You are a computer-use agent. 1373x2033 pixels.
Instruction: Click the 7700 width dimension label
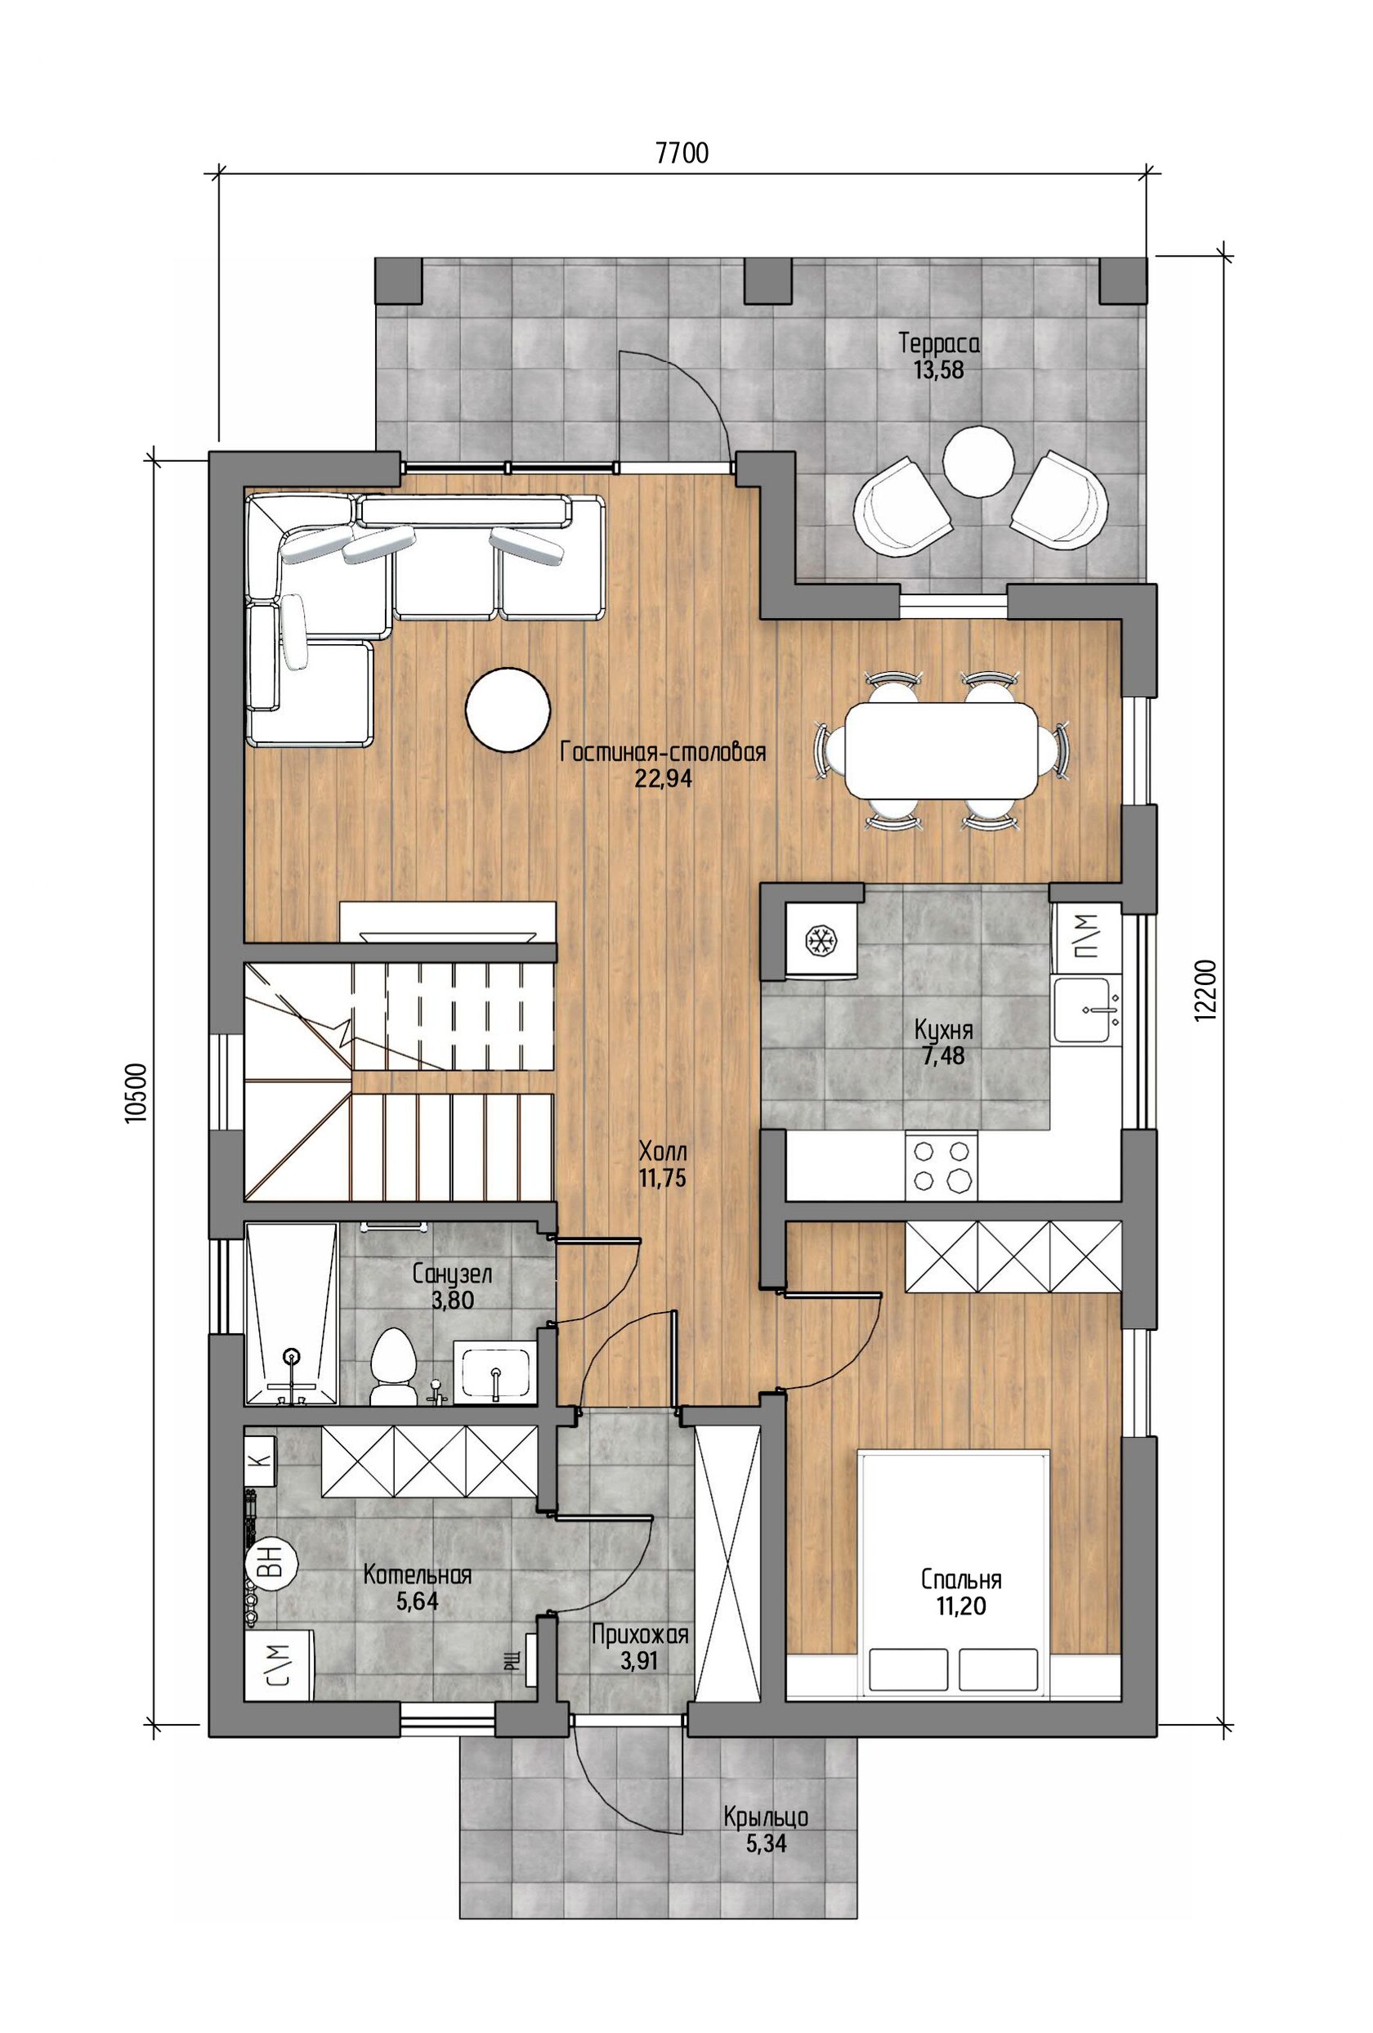[x=682, y=153]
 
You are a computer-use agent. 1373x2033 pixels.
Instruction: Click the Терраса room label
[x=938, y=343]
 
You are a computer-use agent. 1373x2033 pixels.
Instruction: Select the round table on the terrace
[x=977, y=459]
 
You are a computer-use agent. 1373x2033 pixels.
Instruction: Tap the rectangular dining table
[x=941, y=749]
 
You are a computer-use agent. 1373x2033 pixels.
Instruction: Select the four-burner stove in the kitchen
[x=941, y=1166]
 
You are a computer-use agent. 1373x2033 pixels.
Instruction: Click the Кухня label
[x=943, y=1028]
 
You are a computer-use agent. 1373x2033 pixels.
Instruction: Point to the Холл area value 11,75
[x=662, y=1178]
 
